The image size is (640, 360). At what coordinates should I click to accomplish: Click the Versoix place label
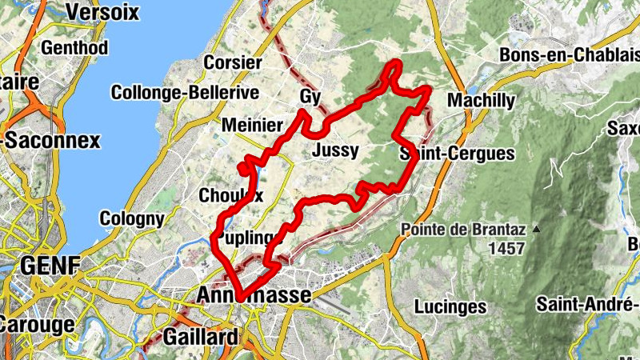pos(103,12)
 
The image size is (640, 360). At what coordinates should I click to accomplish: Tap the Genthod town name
pos(74,47)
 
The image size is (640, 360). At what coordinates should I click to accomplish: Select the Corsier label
pos(233,62)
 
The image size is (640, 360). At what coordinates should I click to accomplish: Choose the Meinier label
pos(251,126)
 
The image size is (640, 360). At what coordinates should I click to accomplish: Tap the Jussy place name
pos(336,150)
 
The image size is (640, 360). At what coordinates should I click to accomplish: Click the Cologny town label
pos(132,218)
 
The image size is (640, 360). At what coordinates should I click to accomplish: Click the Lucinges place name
pos(450,306)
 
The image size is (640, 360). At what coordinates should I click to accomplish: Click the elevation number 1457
pos(506,248)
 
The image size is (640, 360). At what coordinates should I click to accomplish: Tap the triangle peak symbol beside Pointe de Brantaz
pos(537,230)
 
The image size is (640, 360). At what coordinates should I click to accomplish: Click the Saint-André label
pos(586,304)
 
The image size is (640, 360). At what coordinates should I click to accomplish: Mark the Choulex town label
pos(230,195)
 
